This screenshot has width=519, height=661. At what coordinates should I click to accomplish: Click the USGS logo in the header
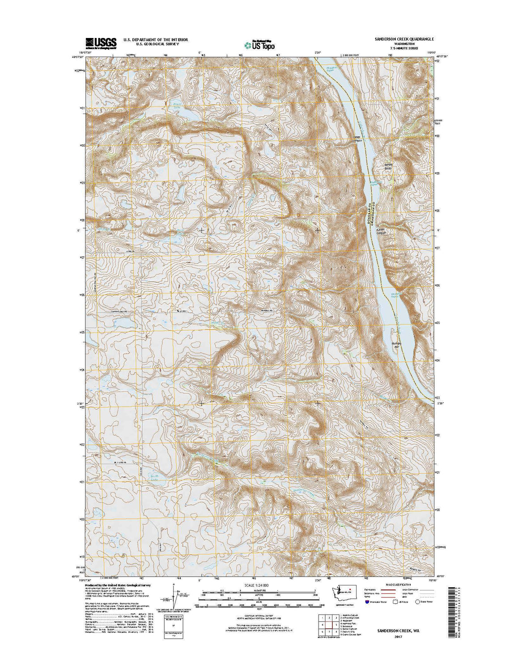tap(101, 42)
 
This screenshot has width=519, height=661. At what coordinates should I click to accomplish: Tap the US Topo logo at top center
tap(260, 44)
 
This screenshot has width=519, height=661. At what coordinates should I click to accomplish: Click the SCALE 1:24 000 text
tap(259, 585)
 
